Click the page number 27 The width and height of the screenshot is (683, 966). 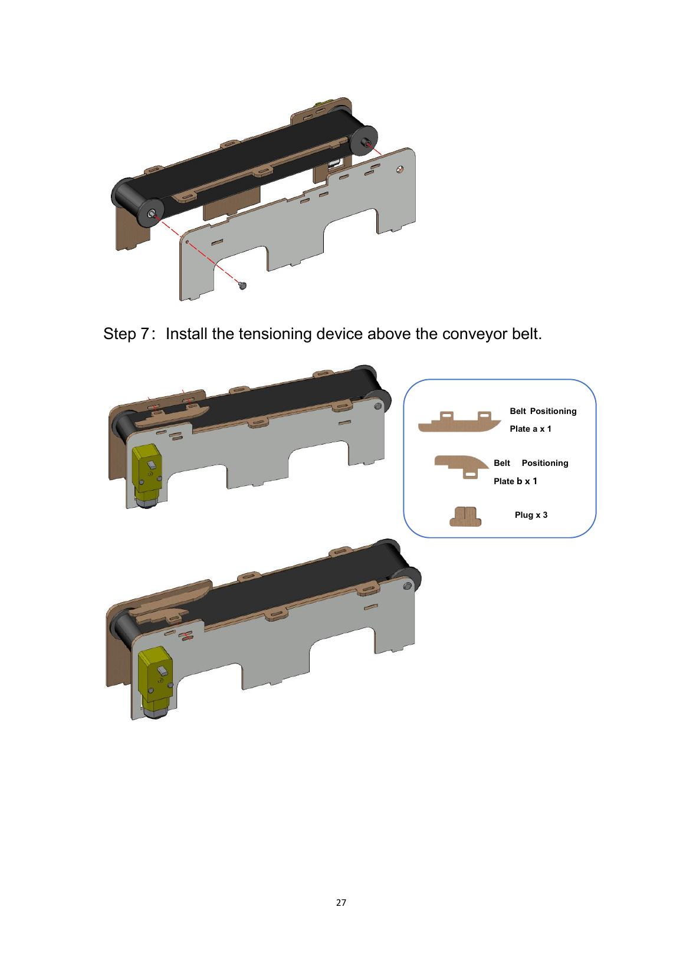(341, 903)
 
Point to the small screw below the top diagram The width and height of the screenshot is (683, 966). (243, 285)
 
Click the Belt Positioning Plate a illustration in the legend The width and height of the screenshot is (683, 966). (459, 422)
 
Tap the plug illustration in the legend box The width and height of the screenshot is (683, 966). (465, 516)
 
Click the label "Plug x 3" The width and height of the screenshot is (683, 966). (531, 515)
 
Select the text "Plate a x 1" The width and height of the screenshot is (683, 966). (530, 429)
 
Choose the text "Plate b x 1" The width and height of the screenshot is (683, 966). (515, 481)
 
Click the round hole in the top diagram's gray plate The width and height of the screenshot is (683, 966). (400, 169)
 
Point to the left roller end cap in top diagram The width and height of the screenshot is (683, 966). (151, 213)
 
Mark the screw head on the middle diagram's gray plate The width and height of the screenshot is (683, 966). (378, 406)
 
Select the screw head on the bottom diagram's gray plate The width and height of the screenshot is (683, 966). (406, 586)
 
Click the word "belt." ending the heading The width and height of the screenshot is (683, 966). (527, 334)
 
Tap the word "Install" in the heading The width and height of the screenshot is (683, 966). (186, 334)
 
